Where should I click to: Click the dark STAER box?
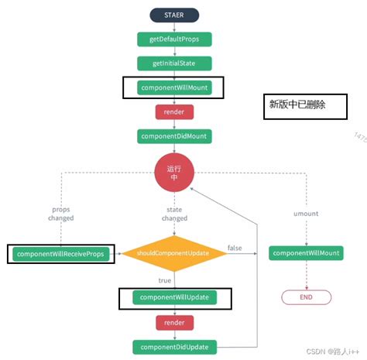point(174,14)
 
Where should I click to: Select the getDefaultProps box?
point(174,38)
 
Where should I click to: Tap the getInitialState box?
point(174,63)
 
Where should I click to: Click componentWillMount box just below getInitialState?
point(174,87)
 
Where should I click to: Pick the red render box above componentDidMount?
point(174,111)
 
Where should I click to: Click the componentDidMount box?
point(174,136)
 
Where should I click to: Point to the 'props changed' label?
point(62,214)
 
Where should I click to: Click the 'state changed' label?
point(174,214)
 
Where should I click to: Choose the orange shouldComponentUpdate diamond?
point(174,253)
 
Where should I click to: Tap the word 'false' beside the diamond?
point(235,247)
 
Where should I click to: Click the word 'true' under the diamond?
point(165,281)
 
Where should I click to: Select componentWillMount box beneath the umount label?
point(306,253)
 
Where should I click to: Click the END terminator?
point(306,297)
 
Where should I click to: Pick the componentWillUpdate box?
point(174,297)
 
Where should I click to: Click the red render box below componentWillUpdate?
point(174,322)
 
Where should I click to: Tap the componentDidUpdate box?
point(174,347)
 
